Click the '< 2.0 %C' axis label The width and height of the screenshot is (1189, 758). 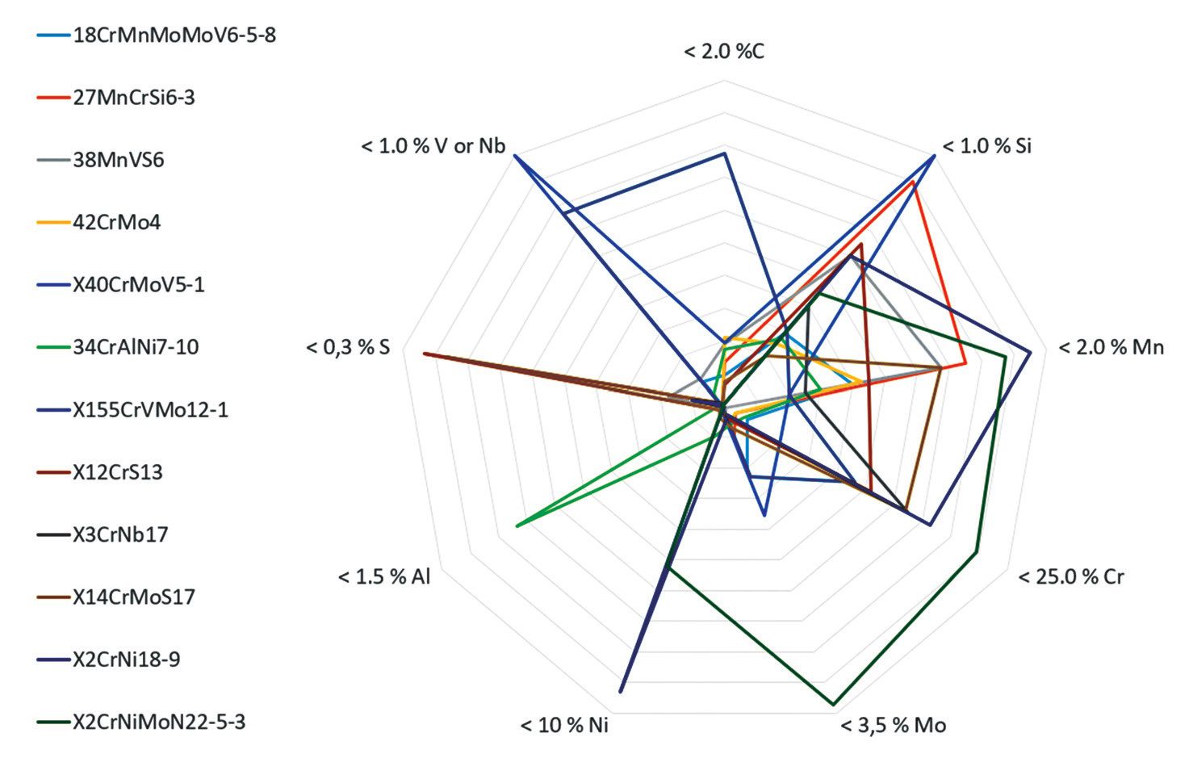(x=724, y=52)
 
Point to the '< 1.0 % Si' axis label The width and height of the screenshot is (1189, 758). (x=986, y=146)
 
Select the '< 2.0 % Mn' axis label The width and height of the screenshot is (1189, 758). (x=1112, y=347)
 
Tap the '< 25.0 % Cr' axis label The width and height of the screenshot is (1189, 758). (x=1071, y=576)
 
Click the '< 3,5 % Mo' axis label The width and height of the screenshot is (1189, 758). (x=894, y=725)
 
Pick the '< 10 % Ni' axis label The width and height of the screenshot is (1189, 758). (x=564, y=725)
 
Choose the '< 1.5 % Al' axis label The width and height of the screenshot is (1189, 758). (x=384, y=576)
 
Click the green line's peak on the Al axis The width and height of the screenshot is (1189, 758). (x=517, y=526)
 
